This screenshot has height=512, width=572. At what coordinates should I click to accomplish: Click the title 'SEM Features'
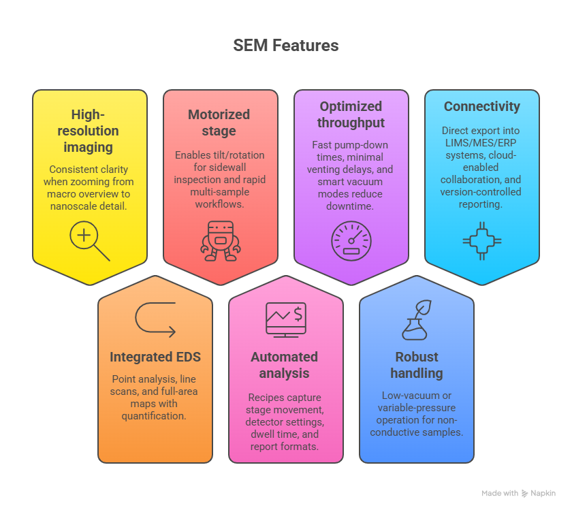(x=285, y=46)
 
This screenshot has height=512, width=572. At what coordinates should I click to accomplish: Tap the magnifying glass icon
(x=89, y=242)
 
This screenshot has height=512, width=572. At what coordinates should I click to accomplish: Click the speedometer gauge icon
(x=351, y=241)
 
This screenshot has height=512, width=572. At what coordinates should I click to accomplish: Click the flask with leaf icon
(x=416, y=320)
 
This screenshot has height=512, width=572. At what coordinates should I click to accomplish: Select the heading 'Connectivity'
(x=481, y=107)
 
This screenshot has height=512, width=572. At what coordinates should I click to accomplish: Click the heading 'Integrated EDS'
(x=155, y=357)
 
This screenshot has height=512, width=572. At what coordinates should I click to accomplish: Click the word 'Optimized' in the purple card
(x=351, y=106)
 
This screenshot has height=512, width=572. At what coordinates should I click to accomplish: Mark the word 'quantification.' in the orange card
(x=155, y=415)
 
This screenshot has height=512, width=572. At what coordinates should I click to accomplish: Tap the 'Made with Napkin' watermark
(x=518, y=493)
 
